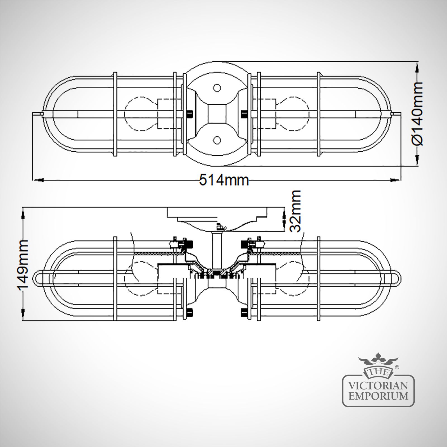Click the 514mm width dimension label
click(224, 180)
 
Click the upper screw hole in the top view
click(217, 88)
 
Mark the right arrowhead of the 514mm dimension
click(393, 180)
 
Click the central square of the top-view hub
click(217, 114)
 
